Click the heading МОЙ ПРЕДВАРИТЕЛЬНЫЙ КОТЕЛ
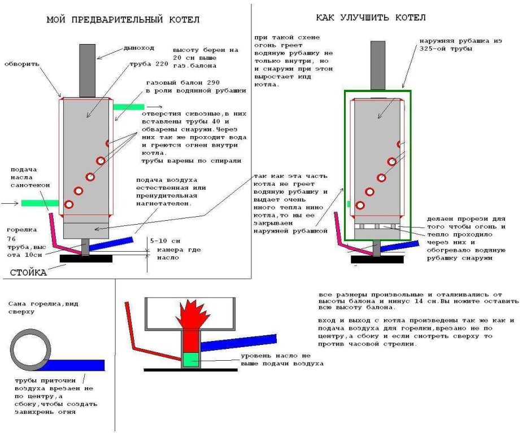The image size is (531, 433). pyautogui.click(x=123, y=20)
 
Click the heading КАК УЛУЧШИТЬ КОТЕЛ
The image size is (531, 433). pyautogui.click(x=370, y=18)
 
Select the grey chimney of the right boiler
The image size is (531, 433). pyautogui.click(x=378, y=65)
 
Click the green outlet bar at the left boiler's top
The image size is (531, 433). pyautogui.click(x=128, y=107)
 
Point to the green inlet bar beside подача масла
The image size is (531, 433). pyautogui.click(x=40, y=203)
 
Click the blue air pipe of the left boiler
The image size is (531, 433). pyautogui.click(x=111, y=242)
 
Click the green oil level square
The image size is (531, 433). pyautogui.click(x=190, y=359)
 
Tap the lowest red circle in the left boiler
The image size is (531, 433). pyautogui.click(x=69, y=204)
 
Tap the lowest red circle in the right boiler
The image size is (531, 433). pyautogui.click(x=360, y=205)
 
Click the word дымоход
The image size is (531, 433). pyautogui.click(x=138, y=47)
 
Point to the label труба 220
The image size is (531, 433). pyautogui.click(x=145, y=64)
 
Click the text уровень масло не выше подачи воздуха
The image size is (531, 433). pyautogui.click(x=282, y=360)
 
